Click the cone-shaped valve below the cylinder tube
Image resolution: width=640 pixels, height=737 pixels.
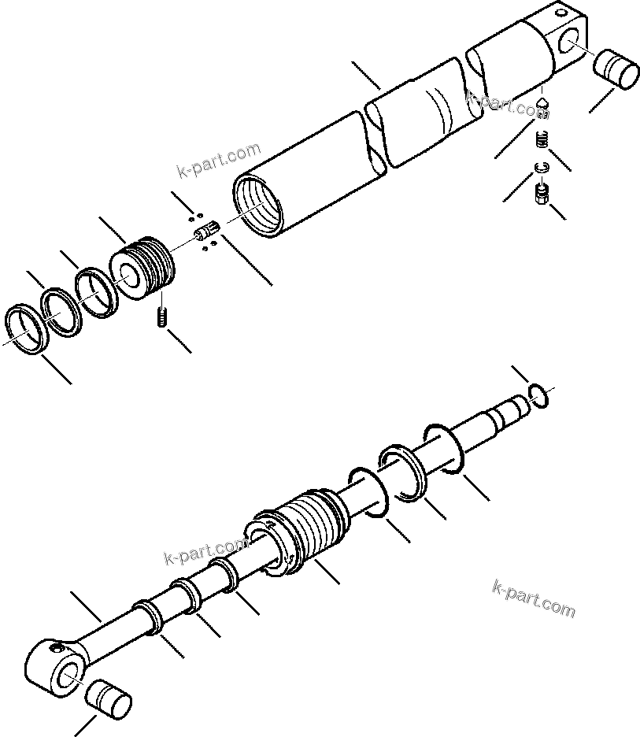[542, 106]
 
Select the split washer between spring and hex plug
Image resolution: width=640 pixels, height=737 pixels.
[540, 167]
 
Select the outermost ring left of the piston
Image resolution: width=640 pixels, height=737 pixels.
[24, 328]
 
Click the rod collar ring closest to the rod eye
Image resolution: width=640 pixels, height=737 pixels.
[147, 616]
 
